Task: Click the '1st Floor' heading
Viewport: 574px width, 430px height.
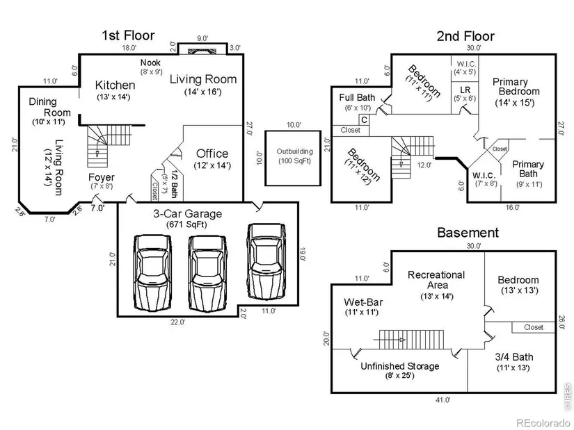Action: pos(128,35)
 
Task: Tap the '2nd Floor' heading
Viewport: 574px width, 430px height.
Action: pos(466,36)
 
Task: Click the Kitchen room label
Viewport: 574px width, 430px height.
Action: pos(115,85)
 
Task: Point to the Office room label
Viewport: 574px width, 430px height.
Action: pos(212,154)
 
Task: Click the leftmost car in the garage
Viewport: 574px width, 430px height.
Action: pos(152,272)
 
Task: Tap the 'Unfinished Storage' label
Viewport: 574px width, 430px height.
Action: pos(400,366)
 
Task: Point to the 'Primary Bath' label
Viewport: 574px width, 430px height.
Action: pos(528,169)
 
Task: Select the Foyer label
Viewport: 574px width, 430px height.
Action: pos(102,177)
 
